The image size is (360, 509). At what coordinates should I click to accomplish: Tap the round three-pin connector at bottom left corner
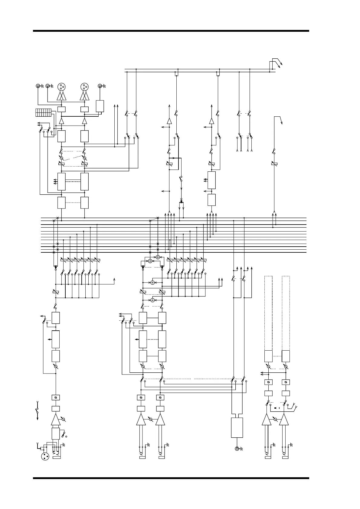45,456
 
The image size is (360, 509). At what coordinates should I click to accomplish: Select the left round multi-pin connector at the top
61,87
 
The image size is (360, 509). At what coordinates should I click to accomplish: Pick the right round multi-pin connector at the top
84,87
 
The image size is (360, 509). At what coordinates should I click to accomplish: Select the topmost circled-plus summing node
158,257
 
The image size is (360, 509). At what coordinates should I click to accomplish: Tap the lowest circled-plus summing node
152,300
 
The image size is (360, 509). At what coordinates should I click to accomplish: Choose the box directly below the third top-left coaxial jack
100,106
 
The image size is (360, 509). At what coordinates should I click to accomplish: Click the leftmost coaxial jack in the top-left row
38,86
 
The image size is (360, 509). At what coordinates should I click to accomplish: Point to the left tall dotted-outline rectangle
268,313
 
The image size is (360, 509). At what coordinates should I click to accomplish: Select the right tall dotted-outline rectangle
286,313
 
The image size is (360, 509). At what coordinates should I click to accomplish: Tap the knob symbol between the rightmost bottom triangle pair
275,419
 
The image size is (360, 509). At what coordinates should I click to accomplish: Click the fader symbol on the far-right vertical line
274,164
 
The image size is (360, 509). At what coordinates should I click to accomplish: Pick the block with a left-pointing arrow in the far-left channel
56,339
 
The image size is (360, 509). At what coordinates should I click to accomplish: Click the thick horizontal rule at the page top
171,31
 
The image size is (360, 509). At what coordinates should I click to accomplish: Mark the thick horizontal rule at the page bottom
171,478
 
